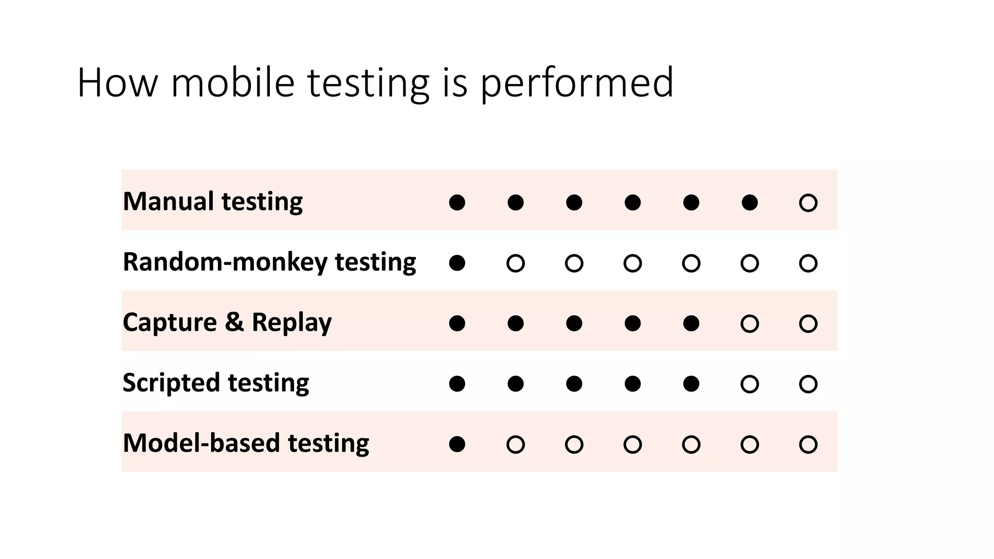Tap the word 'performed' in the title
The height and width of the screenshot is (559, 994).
pyautogui.click(x=577, y=83)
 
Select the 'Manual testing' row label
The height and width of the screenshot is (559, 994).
pyautogui.click(x=213, y=201)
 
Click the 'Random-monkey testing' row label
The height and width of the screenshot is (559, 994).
pyautogui.click(x=269, y=262)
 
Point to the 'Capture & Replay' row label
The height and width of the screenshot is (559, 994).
pyautogui.click(x=227, y=322)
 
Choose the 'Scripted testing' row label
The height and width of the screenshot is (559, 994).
pyautogui.click(x=215, y=383)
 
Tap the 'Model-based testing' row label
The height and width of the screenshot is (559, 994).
pyautogui.click(x=246, y=443)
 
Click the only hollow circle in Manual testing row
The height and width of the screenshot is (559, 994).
pyautogui.click(x=808, y=202)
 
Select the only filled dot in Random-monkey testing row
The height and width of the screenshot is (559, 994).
pyautogui.click(x=457, y=263)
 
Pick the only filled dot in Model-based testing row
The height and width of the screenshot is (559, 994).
pyautogui.click(x=457, y=444)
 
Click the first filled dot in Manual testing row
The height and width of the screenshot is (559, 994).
pyautogui.click(x=457, y=202)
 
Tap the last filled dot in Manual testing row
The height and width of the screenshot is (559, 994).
pyautogui.click(x=749, y=202)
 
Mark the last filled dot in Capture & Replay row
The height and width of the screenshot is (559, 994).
pyautogui.click(x=691, y=323)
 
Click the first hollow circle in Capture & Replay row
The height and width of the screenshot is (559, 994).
pyautogui.click(x=749, y=323)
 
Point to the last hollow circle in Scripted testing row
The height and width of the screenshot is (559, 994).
pyautogui.click(x=808, y=384)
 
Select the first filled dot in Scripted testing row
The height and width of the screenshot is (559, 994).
pyautogui.click(x=457, y=384)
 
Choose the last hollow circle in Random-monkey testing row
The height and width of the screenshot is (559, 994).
pyautogui.click(x=808, y=263)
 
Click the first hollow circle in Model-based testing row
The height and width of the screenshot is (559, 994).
pyautogui.click(x=515, y=444)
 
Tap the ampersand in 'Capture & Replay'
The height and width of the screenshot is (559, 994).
pyautogui.click(x=234, y=322)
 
